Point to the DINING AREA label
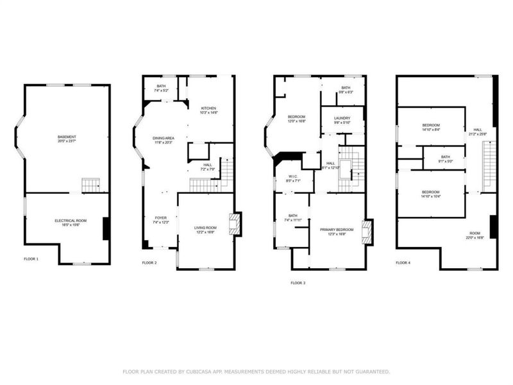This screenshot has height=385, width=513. coord(164,141)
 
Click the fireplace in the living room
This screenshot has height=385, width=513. coord(235,224)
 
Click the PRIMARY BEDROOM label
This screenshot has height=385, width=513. coord(337,232)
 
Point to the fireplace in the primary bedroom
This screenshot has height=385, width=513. coord(367,232)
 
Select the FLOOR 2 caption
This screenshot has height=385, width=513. coord(150,262)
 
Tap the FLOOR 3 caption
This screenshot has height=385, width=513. coord(298,282)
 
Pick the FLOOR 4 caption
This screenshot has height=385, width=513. coord(403,262)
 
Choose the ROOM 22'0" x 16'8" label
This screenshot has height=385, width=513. coord(475,235)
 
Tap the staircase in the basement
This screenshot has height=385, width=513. coord(91,186)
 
